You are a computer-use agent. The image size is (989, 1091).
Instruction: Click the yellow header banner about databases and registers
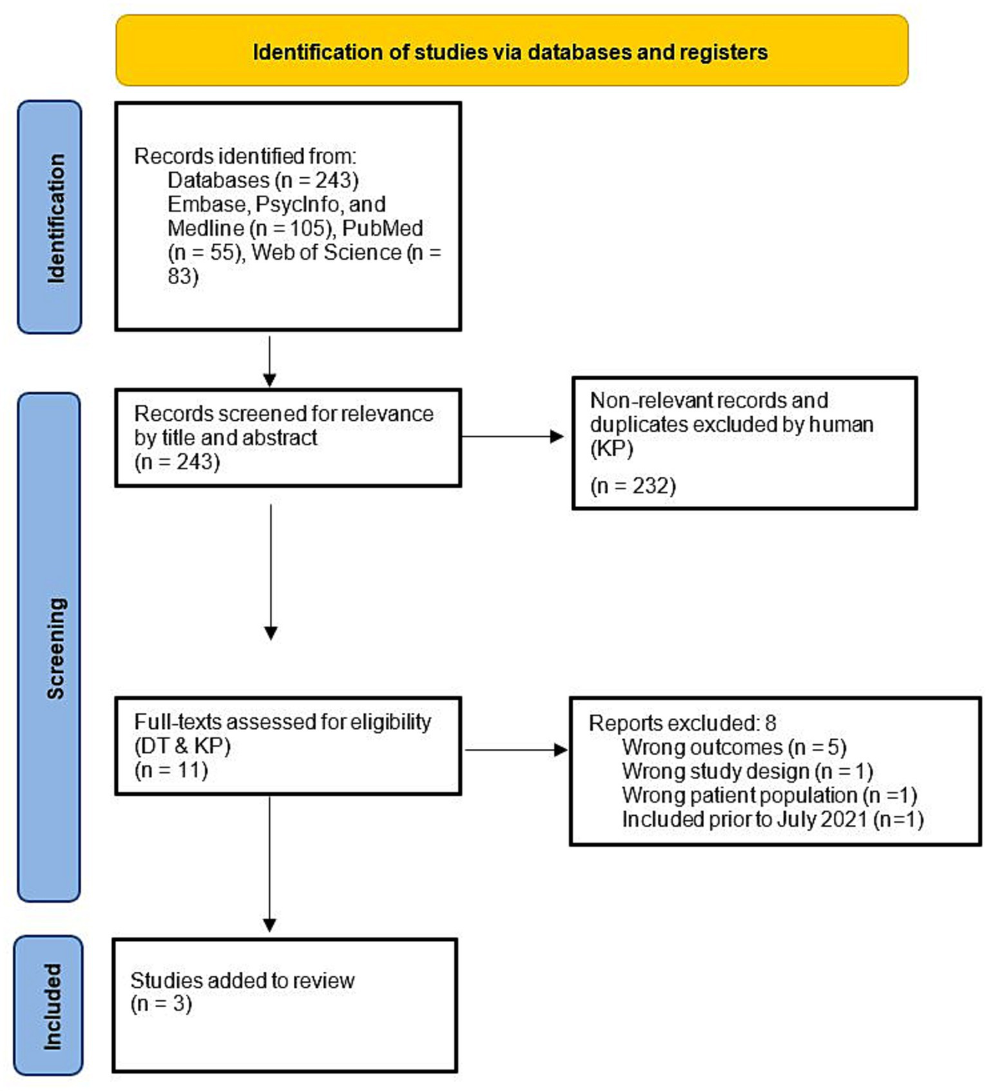coord(512,52)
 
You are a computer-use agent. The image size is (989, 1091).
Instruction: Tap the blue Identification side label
coord(50,217)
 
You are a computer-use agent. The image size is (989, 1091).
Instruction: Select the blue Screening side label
coord(50,647)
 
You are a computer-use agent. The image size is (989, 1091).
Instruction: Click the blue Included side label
coord(48,1005)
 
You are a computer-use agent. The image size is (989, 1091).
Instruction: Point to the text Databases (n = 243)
coord(263,180)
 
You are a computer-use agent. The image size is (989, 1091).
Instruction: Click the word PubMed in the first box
coord(383,228)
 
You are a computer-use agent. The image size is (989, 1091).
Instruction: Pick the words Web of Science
coord(327,252)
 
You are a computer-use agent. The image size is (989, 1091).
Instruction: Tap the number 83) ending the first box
coord(183,276)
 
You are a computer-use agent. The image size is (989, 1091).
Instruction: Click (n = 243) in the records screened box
coord(177,461)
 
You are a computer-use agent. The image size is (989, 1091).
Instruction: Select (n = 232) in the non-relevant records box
coord(633,485)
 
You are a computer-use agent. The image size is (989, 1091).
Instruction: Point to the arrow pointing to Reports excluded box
coord(516,749)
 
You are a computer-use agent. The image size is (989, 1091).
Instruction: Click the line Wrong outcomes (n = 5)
coord(734,747)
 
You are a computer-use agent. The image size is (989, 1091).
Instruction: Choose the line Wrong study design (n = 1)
coord(747,771)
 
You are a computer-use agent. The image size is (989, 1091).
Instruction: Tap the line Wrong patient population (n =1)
coord(769,795)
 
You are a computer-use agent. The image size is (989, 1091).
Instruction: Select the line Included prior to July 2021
coord(773,819)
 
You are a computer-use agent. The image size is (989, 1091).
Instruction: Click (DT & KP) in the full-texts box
coord(182,746)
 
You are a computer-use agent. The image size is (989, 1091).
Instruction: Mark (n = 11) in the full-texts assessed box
coord(171,769)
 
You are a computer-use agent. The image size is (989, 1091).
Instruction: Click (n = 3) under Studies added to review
coord(161,1003)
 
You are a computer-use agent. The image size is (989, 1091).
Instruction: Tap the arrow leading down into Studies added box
coord(270,864)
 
